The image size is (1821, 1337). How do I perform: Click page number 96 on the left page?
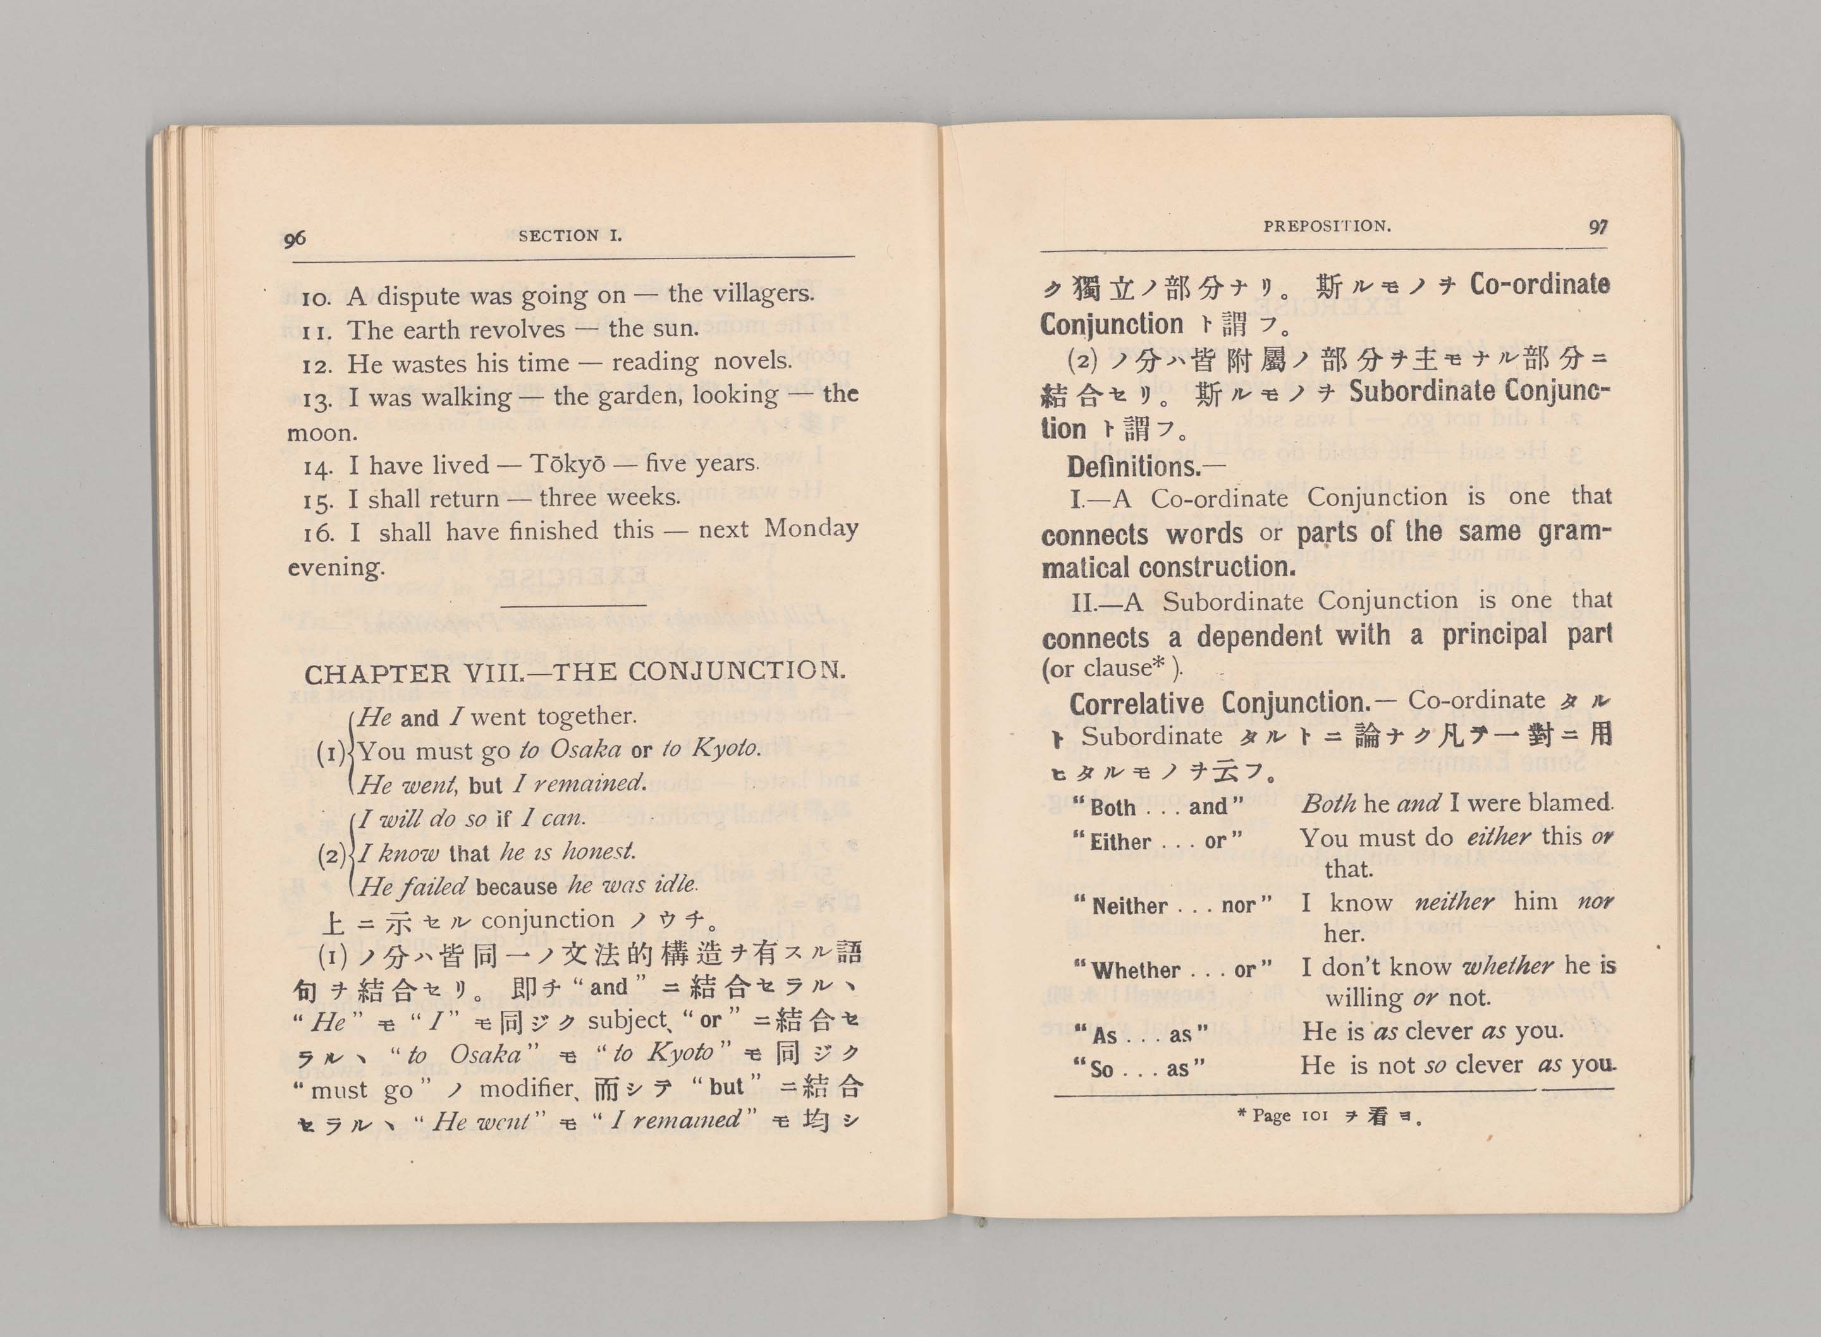click(295, 239)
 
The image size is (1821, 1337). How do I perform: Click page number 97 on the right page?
click(1598, 227)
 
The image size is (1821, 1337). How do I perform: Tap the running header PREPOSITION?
click(1327, 227)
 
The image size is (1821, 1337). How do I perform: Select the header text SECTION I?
click(570, 236)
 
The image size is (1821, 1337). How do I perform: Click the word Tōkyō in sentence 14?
click(567, 464)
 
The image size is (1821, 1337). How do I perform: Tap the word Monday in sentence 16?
click(811, 528)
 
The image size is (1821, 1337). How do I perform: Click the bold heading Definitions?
click(1134, 467)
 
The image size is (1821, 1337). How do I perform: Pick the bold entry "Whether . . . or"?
click(1174, 969)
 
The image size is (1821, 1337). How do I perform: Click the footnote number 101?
click(1315, 1116)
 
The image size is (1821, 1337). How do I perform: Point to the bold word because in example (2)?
click(516, 887)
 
